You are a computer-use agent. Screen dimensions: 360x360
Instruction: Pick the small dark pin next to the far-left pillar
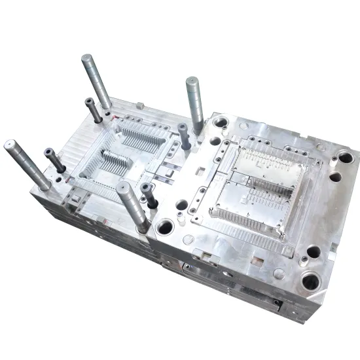tap(54, 160)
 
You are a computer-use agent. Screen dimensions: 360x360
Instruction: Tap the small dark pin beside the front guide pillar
tap(149, 195)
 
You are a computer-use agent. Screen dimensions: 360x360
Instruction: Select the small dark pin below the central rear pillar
tap(184, 136)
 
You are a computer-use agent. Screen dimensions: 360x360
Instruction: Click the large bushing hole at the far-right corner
tap(345, 158)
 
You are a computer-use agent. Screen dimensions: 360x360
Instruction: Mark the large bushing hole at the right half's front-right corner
tap(310, 281)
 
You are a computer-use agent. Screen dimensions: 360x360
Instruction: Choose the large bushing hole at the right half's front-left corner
tap(165, 227)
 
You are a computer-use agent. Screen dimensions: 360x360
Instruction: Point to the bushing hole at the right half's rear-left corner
tap(221, 122)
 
